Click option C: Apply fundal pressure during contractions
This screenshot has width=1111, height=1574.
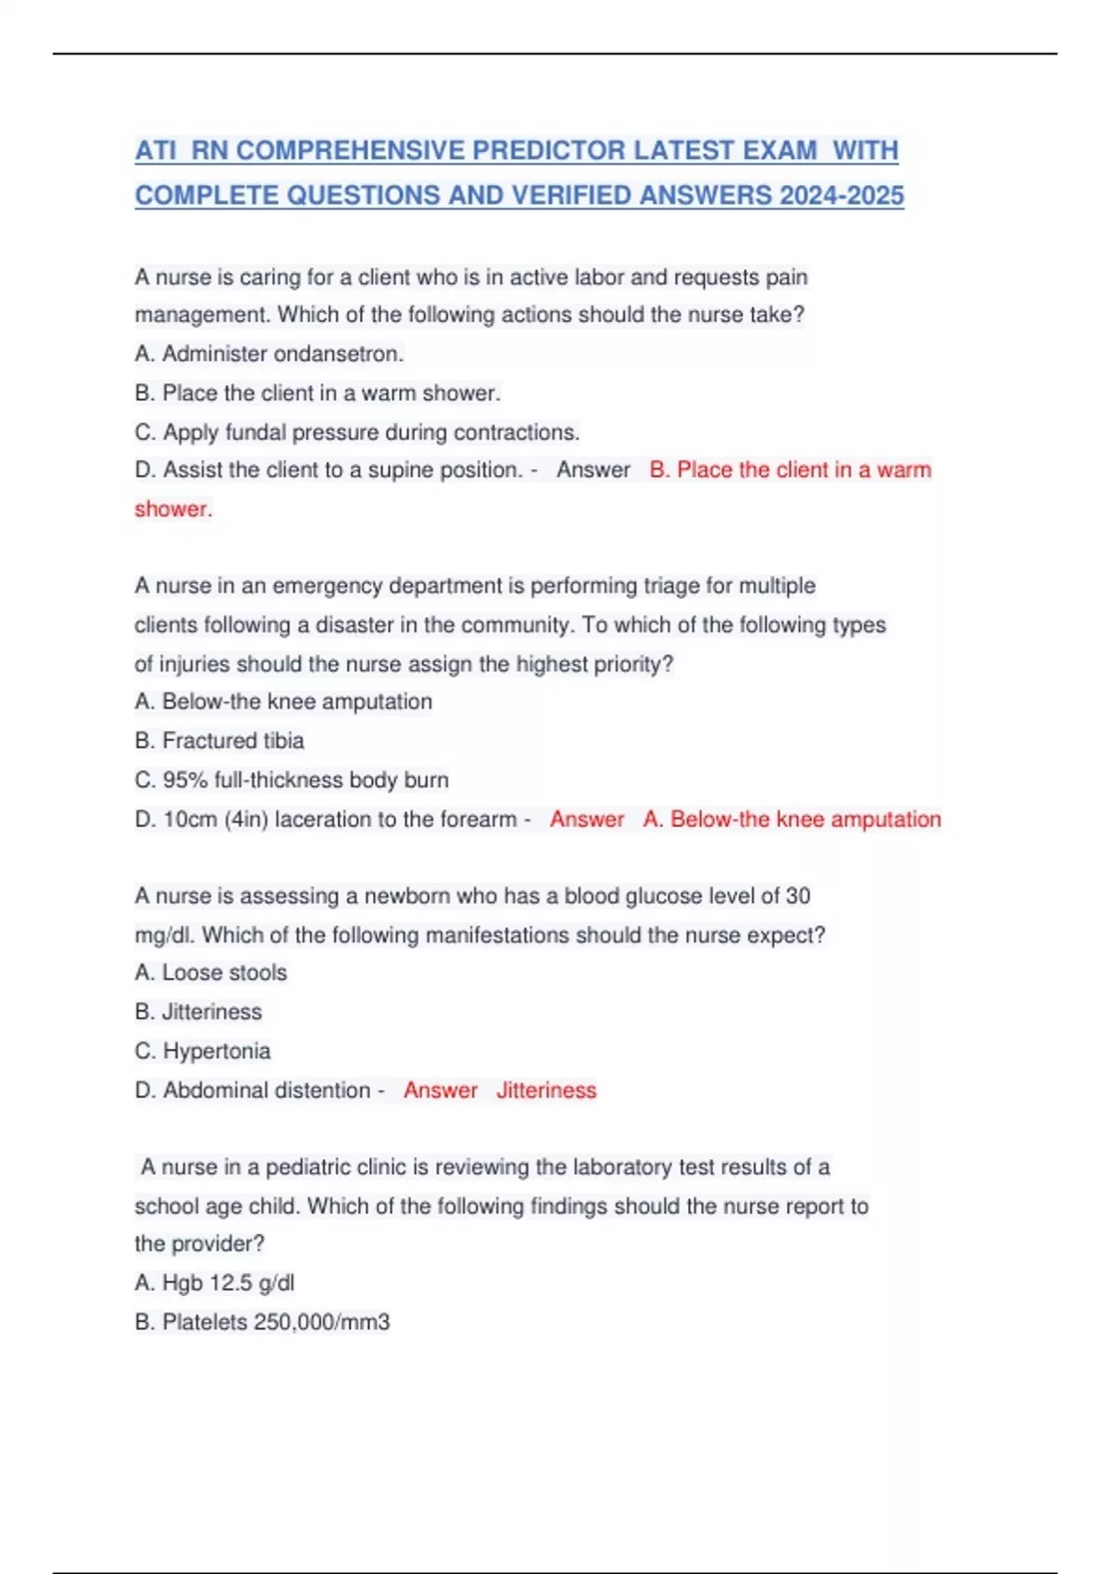(357, 432)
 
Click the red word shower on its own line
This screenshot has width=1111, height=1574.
(172, 509)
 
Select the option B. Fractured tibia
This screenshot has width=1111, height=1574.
(219, 741)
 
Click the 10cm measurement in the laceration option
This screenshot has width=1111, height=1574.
(190, 819)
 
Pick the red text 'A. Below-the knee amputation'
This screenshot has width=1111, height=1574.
(792, 819)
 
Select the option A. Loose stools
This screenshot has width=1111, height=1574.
(211, 973)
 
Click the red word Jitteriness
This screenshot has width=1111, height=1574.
(546, 1091)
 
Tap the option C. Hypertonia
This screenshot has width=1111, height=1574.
(203, 1052)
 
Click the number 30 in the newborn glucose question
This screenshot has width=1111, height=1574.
(798, 896)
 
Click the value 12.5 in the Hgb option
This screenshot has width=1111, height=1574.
(231, 1283)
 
